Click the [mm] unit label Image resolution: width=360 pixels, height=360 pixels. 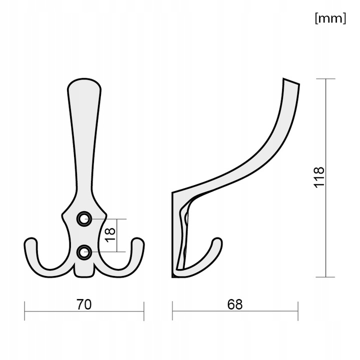click(330, 18)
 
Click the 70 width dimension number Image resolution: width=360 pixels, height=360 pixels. click(84, 304)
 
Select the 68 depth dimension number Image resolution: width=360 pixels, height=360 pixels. click(234, 304)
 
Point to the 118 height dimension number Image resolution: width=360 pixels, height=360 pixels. click(319, 177)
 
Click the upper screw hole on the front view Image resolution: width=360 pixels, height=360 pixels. click(84, 218)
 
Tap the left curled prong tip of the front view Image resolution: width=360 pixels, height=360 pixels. click(30, 242)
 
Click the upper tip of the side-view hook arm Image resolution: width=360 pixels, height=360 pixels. click(291, 81)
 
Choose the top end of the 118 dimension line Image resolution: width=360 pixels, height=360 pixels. click(326, 79)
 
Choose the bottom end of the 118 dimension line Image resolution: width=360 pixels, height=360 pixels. click(326, 277)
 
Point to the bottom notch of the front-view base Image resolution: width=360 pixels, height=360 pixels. click(84, 275)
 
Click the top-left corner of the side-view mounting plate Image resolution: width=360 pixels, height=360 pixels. click(173, 192)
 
